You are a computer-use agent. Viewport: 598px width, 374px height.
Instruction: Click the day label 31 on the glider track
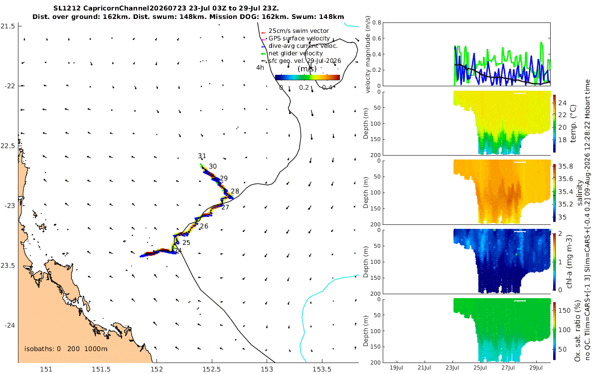[x=202, y=156]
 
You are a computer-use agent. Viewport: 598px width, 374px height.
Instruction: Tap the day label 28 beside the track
[x=235, y=191]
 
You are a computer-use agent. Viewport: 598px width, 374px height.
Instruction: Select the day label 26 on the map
[x=204, y=226]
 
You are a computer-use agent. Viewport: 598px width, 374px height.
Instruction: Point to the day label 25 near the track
[x=186, y=242]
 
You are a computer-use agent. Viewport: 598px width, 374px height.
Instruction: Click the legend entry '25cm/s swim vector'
[x=299, y=31]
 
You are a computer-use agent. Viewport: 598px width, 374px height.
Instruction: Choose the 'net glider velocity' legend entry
[x=296, y=53]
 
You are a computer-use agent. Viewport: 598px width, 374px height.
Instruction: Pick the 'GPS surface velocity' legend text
[x=299, y=38]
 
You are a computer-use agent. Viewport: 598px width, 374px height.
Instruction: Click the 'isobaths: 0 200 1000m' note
[x=66, y=349]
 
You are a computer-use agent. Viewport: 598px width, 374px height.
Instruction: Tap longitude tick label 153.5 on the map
[x=322, y=369]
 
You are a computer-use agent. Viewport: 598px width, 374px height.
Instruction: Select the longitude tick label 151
[x=46, y=369]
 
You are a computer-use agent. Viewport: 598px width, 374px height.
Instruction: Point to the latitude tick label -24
[x=9, y=325]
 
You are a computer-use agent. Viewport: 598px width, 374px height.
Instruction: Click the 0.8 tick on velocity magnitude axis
[x=377, y=22]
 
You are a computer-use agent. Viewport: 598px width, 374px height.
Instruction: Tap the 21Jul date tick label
[x=424, y=368]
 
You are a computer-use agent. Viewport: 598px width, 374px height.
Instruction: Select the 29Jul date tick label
[x=536, y=368]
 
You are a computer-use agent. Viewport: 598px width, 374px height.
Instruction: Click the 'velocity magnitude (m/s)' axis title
[x=368, y=54]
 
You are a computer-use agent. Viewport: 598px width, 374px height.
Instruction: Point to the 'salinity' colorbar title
[x=580, y=192]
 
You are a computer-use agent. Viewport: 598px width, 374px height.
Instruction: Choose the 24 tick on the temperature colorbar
[x=562, y=103]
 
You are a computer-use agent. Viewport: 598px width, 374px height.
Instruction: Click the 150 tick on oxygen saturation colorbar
[x=564, y=310]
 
